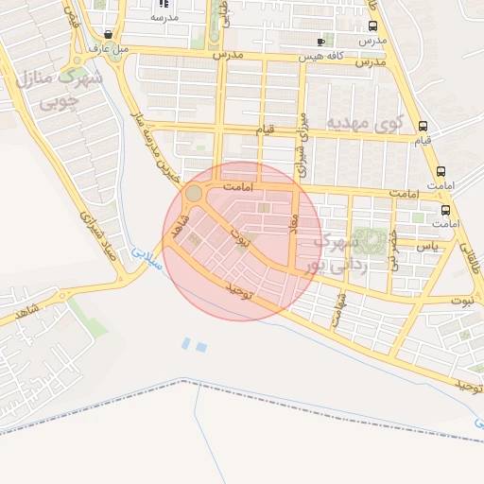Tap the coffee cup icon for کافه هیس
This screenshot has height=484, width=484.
coord(320,42)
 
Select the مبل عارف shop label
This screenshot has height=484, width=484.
coord(103,47)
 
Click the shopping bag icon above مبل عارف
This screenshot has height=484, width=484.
coord(110,35)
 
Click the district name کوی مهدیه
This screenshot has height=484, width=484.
coord(365,123)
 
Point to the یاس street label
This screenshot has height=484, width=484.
coord(430,246)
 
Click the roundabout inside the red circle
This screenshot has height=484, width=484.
coord(193,193)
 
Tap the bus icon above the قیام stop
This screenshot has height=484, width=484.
coord(422,126)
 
